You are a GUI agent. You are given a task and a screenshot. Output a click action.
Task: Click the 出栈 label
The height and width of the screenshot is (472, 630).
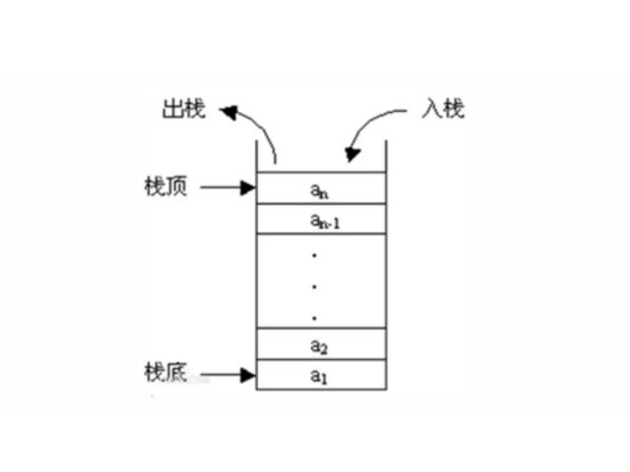click(183, 108)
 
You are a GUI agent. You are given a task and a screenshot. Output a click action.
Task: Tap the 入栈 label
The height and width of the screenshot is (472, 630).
click(443, 108)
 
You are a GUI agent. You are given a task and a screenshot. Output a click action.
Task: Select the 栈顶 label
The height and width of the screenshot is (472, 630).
click(165, 185)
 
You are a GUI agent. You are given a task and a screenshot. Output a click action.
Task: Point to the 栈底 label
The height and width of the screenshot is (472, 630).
click(165, 373)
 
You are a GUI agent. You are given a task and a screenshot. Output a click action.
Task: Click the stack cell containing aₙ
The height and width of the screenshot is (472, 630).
click(320, 187)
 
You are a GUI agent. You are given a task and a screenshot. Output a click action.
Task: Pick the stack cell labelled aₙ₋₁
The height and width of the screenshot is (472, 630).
click(320, 220)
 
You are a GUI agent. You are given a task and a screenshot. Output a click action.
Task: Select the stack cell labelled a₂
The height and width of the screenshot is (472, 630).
click(320, 344)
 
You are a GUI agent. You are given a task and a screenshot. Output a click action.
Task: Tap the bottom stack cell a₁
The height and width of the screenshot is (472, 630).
click(320, 375)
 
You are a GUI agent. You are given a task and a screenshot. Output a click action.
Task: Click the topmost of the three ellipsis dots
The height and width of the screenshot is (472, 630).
click(314, 255)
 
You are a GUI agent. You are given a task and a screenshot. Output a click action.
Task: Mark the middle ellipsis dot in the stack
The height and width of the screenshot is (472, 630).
click(314, 287)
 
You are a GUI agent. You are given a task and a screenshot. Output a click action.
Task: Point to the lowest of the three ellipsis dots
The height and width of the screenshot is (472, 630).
click(314, 317)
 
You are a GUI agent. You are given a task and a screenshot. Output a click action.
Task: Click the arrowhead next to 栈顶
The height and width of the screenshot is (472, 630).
click(248, 186)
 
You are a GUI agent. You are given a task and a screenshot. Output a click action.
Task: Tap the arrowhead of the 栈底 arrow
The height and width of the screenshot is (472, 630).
click(248, 374)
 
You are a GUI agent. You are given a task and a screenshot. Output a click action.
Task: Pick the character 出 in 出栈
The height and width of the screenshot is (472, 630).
click(172, 108)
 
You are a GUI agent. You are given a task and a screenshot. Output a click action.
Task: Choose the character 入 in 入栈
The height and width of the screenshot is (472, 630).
click(432, 108)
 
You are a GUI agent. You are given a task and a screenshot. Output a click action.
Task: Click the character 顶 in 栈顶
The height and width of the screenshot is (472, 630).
click(177, 185)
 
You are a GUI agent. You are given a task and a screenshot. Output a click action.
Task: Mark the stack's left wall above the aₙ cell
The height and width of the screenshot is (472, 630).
click(256, 156)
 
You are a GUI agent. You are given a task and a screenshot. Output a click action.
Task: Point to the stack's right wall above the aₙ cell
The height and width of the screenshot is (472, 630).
click(386, 156)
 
